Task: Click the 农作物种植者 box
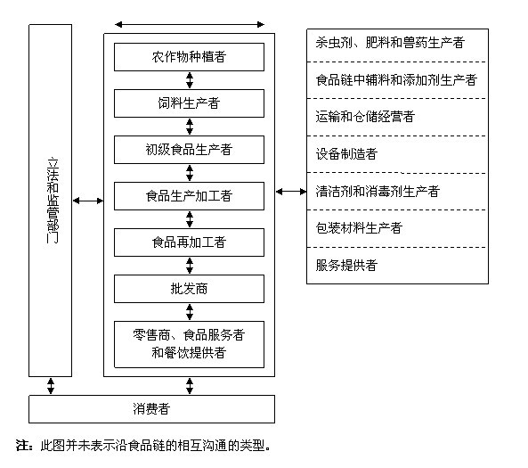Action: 189,57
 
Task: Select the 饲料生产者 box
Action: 189,103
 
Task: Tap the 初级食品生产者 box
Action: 189,150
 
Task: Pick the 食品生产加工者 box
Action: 189,196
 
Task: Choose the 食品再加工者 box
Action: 189,242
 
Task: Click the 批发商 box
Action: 189,289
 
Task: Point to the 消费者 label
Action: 151,408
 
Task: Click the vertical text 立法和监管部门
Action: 53,201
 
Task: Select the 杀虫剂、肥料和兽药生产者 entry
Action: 390,43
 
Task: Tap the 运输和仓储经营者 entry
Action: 365,117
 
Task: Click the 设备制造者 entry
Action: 346,154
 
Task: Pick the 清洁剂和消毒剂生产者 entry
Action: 378,191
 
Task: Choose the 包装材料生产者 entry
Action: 359,228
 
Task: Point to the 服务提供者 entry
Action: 346,266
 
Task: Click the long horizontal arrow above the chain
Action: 190,24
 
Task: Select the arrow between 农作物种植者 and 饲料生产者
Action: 190,80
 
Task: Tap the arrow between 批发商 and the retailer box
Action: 190,312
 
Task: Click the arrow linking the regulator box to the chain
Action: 88,201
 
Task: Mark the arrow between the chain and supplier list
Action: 291,192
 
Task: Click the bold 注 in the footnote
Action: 23,446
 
